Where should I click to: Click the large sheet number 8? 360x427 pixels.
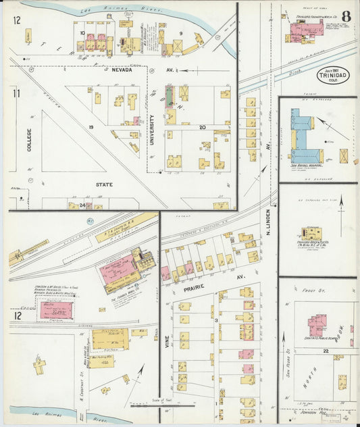[346, 16]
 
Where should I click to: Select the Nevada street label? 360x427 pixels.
[121, 69]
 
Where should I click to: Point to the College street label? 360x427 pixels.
[29, 139]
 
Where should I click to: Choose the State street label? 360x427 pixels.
[105, 184]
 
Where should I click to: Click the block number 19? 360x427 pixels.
[88, 126]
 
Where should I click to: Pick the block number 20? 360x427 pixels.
[203, 127]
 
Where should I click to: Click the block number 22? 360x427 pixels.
[325, 351]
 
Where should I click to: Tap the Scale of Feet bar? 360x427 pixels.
[162, 406]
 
